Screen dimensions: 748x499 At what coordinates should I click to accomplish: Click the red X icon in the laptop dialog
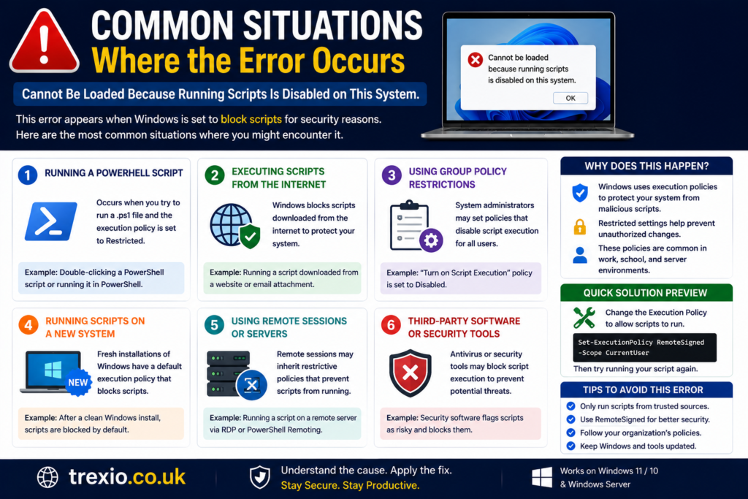(475, 60)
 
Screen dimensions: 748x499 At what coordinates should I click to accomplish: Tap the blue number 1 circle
(28, 175)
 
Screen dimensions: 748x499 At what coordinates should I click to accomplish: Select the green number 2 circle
(215, 175)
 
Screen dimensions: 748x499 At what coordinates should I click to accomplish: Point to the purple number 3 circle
(392, 175)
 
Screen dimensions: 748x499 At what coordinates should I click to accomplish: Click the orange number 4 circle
(28, 325)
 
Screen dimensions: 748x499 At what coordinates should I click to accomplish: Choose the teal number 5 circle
(214, 325)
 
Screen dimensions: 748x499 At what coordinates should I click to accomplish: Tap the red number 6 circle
(391, 325)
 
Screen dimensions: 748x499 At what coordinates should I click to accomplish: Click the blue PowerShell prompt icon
(51, 221)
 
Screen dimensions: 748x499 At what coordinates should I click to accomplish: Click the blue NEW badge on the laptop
(78, 383)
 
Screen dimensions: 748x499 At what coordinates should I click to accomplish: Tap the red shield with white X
(411, 373)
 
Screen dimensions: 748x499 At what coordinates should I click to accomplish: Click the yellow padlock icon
(579, 226)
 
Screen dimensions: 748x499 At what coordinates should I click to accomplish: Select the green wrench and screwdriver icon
(584, 318)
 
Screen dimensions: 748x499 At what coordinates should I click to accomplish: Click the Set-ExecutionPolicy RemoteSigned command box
(644, 348)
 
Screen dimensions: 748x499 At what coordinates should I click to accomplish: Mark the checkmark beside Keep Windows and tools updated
(570, 446)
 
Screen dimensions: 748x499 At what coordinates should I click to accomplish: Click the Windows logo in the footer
(542, 477)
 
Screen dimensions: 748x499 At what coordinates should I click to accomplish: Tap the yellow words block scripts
(251, 119)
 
